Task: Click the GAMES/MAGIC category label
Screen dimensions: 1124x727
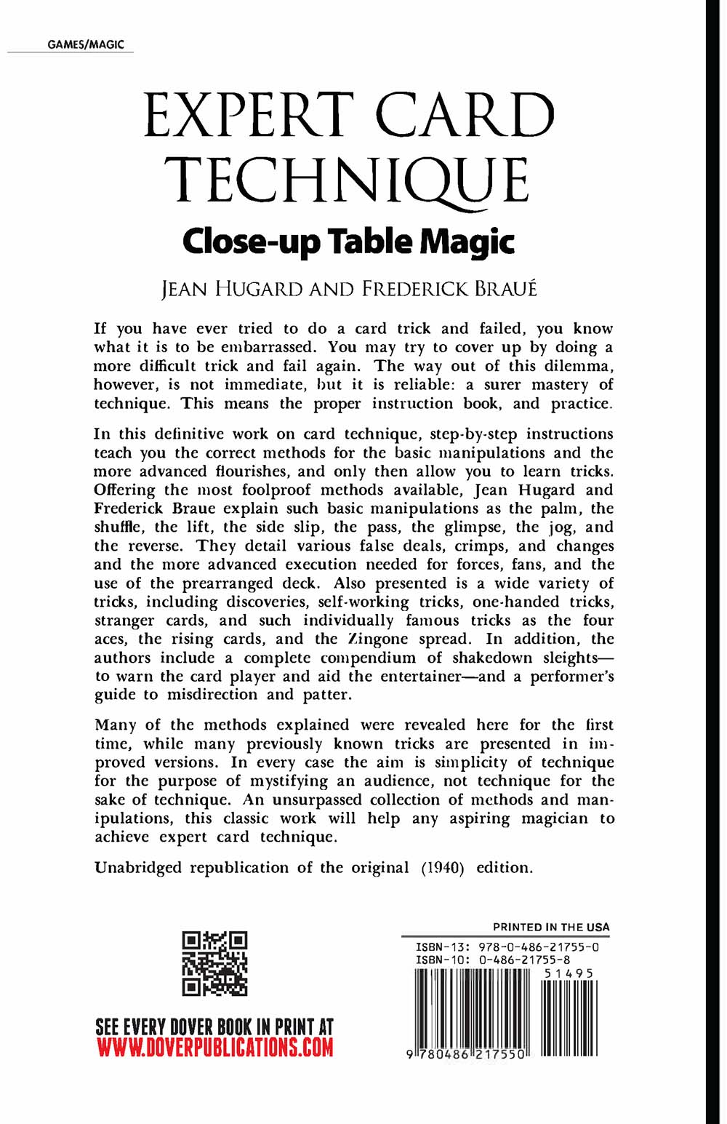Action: pos(86,44)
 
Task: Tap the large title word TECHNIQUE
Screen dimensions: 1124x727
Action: pos(351,180)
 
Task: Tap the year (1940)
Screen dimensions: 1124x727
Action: pos(443,867)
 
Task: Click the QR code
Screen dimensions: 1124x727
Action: pos(214,963)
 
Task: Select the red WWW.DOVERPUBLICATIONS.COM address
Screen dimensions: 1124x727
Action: pos(214,1048)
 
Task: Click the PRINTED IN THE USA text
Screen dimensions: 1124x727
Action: pos(551,927)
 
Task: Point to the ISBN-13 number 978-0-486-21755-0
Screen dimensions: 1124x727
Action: pos(538,947)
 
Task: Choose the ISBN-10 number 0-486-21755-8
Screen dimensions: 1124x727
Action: pos(523,960)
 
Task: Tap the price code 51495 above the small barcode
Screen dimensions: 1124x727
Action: pos(569,973)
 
